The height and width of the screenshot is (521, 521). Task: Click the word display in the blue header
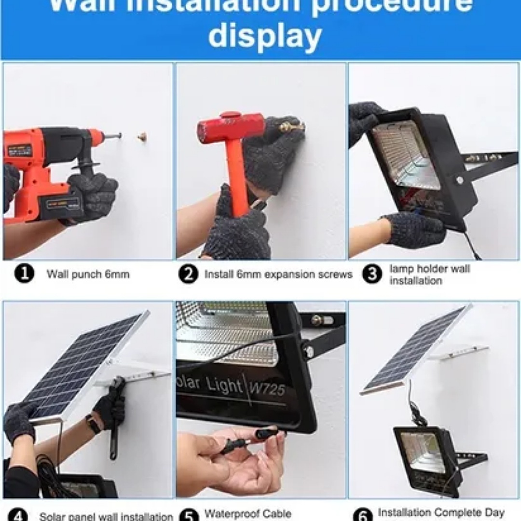(264, 37)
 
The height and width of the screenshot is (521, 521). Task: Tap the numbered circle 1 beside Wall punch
(24, 274)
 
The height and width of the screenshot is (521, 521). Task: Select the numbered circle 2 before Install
(188, 274)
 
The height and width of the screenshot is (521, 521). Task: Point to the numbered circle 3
(372, 274)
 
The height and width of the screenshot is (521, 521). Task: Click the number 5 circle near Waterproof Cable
(189, 515)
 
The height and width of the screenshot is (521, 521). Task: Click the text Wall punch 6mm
(88, 274)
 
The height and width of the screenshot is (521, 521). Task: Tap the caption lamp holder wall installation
(429, 274)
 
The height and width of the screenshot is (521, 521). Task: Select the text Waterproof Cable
(248, 514)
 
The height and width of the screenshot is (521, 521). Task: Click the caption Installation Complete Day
(441, 512)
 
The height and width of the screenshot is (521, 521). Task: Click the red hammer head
(231, 127)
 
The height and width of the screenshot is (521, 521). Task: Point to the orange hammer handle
(238, 178)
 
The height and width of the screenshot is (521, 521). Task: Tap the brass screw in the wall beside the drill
(142, 137)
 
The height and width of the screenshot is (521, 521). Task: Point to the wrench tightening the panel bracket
(115, 415)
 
